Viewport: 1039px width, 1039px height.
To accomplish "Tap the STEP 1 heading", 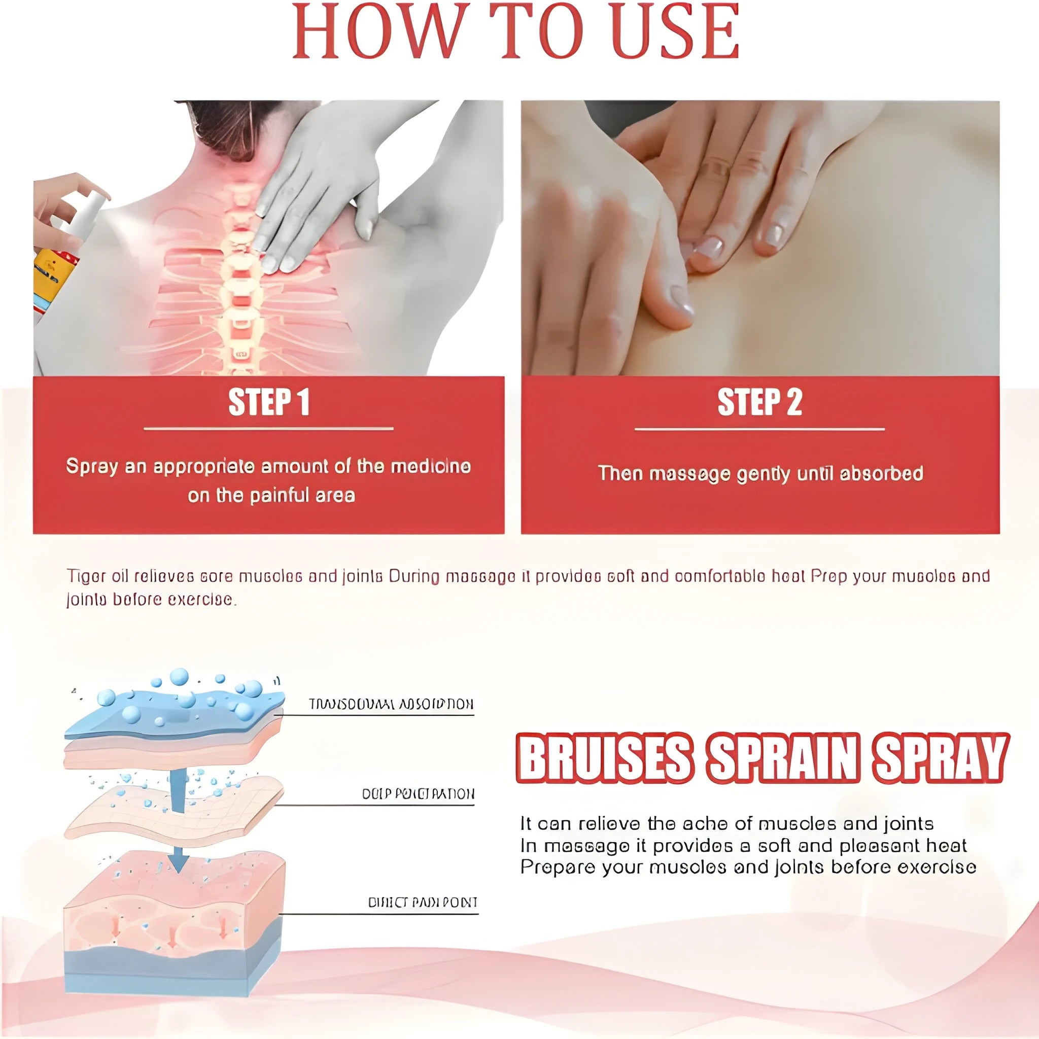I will pos(268,402).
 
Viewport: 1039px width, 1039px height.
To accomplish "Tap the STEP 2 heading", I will pos(759,402).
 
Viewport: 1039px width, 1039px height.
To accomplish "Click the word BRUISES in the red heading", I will pos(603,759).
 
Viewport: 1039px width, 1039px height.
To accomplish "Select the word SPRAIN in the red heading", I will pos(782,759).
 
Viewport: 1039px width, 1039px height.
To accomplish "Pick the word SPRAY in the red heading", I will pos(939,759).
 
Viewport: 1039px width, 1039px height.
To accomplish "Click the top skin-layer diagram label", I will pos(391,704).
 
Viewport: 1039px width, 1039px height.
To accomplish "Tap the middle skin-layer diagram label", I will pos(418,794).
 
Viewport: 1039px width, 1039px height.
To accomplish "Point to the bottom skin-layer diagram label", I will pos(422,903).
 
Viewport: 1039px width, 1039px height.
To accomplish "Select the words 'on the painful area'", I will pos(271,495).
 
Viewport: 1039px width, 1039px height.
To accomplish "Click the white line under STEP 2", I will pos(759,429).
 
